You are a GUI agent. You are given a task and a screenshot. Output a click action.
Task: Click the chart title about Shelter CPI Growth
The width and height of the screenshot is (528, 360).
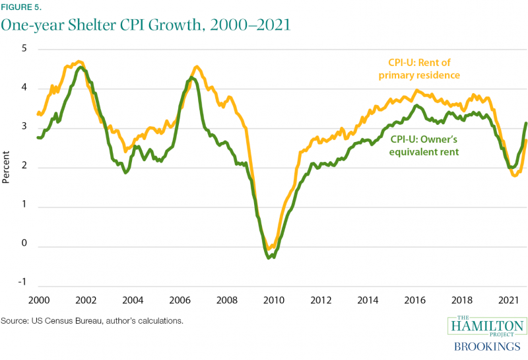pos(146,26)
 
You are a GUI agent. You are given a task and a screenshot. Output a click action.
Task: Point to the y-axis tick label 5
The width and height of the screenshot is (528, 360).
pos(23,50)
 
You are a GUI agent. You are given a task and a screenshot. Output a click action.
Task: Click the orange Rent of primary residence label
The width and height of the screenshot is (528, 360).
pos(418,69)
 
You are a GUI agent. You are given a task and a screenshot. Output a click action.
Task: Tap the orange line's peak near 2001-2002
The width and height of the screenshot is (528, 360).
pos(79,61)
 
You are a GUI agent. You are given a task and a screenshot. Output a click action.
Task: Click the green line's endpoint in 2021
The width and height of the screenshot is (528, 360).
pos(526,124)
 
